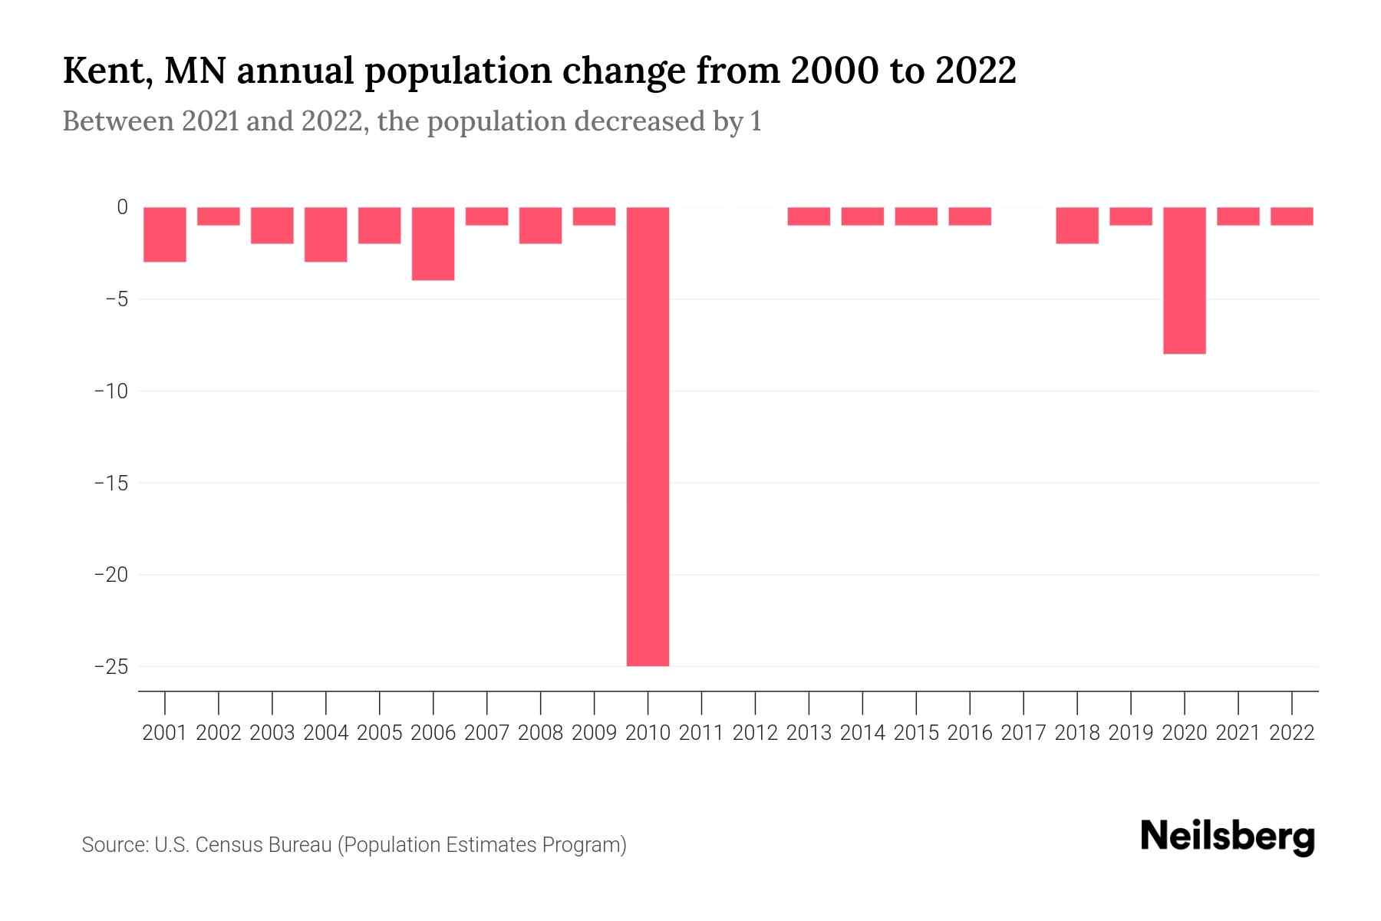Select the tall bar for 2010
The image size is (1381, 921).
point(648,436)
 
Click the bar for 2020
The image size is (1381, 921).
point(1184,280)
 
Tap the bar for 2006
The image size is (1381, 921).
point(433,243)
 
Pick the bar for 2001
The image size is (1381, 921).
point(165,234)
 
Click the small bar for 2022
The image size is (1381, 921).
point(1291,216)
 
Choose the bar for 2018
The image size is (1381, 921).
point(1076,225)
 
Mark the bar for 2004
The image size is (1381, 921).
point(326,234)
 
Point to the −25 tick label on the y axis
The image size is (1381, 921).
point(110,666)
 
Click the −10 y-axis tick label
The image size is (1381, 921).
point(110,391)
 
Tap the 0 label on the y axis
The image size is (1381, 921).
point(122,207)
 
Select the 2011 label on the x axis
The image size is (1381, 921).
point(701,733)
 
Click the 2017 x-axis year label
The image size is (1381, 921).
point(1023,733)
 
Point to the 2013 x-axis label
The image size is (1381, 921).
point(809,733)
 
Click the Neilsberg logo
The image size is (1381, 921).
point(1228,837)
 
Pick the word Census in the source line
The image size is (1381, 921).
point(226,845)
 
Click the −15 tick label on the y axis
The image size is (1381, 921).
point(110,484)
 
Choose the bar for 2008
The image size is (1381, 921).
point(540,225)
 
